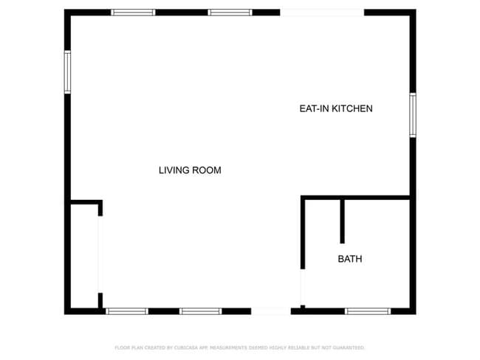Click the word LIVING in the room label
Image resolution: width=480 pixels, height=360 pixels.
[x=174, y=170]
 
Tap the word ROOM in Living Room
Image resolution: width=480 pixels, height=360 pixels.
[x=208, y=170]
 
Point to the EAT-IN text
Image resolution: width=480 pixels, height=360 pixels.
[x=313, y=108]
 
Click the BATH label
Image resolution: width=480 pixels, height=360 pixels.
[x=350, y=259]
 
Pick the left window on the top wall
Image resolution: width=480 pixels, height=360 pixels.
[x=133, y=13]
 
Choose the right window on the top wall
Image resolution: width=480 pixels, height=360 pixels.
[x=230, y=13]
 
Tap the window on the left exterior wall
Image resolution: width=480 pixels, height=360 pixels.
[x=67, y=72]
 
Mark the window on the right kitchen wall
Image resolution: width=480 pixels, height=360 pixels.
[x=413, y=115]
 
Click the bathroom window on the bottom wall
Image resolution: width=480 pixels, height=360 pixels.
[x=368, y=311]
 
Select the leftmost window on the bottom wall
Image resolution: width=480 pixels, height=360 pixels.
[x=127, y=311]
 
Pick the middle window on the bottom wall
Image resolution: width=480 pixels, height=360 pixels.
[x=201, y=311]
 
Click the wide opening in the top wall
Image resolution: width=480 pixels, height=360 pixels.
[x=322, y=13]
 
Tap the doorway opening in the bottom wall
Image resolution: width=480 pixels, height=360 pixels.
[x=271, y=311]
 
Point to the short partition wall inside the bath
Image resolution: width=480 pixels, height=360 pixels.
[x=342, y=221]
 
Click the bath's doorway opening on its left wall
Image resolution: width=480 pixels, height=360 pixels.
[x=302, y=286]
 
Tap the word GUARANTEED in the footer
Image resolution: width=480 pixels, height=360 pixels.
[x=347, y=347]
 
